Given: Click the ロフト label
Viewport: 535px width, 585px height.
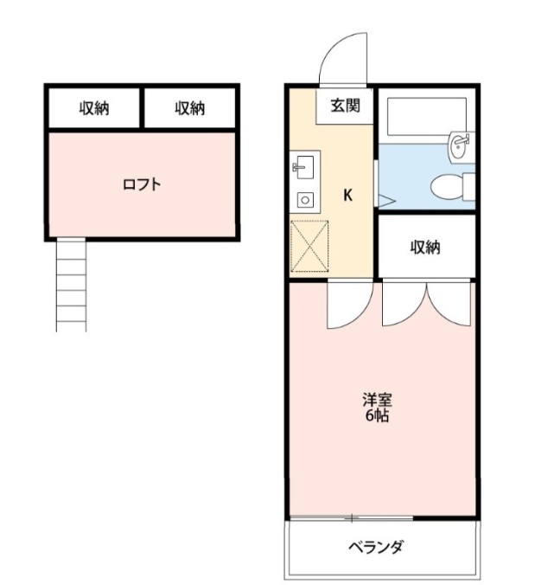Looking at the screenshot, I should [142, 183].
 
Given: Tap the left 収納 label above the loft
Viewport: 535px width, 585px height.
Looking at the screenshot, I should [94, 108].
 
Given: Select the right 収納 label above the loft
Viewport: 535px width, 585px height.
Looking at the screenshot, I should [190, 108].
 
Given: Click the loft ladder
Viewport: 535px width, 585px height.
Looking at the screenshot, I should [73, 285].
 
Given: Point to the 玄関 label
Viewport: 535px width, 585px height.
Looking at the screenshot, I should [343, 107].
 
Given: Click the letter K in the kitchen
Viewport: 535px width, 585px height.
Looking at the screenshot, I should [347, 195].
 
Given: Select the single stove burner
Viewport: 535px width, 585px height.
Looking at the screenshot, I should [305, 199].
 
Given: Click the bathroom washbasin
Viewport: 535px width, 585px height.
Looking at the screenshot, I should [459, 145].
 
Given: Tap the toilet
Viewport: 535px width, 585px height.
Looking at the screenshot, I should [452, 185].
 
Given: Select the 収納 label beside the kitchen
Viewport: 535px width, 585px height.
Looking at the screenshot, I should [425, 247].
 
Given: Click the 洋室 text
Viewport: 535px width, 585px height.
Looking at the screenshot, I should [377, 401].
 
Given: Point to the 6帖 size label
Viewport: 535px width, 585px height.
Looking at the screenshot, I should [376, 416].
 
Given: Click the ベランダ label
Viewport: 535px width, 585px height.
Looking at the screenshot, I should [376, 547].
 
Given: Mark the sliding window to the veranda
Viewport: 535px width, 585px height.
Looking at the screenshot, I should [352, 518].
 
